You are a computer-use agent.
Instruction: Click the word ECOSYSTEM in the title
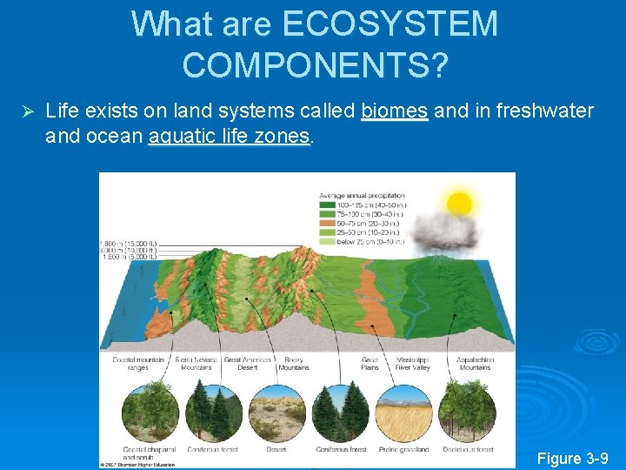point(390,23)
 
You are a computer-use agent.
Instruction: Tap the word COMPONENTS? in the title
point(315,64)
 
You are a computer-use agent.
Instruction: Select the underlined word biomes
point(395,111)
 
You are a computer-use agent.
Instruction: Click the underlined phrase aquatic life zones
point(230,136)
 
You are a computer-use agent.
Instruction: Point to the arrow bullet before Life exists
point(26,112)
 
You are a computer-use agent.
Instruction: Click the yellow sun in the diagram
point(458,204)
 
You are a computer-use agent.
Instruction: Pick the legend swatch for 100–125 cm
point(326,205)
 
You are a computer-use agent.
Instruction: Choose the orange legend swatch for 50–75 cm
point(326,223)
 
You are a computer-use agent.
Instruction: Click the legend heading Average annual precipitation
point(363,195)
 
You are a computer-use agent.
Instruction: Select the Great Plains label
point(371,363)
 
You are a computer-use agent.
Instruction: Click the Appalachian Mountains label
point(475,363)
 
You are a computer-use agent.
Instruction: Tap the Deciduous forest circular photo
point(468,413)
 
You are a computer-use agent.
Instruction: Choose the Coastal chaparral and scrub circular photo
point(147,413)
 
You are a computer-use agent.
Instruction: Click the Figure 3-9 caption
point(572,458)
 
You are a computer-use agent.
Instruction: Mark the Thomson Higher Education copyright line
point(140,464)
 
